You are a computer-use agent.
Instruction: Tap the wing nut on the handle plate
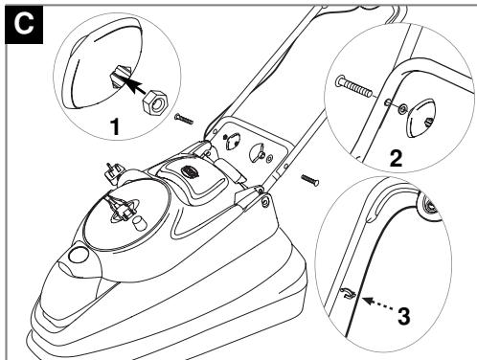pos(229,142)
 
